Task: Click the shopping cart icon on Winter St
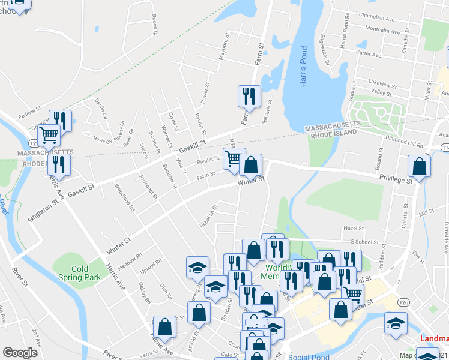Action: [x=234, y=159]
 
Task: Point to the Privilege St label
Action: [x=396, y=179]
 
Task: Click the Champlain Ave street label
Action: [x=376, y=19]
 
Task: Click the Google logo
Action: [x=20, y=353]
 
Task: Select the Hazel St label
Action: [x=354, y=229]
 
